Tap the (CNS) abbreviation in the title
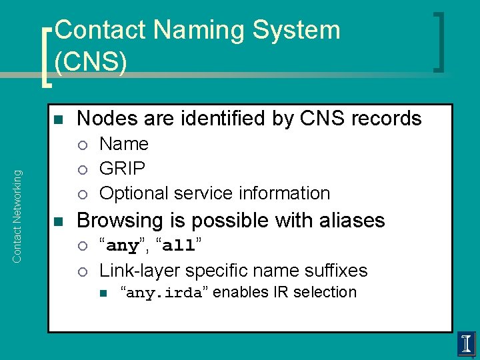point(91,61)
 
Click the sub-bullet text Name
point(124,144)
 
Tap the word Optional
point(133,193)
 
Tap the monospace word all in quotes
point(178,246)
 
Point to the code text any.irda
point(163,293)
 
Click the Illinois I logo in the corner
point(467,344)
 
